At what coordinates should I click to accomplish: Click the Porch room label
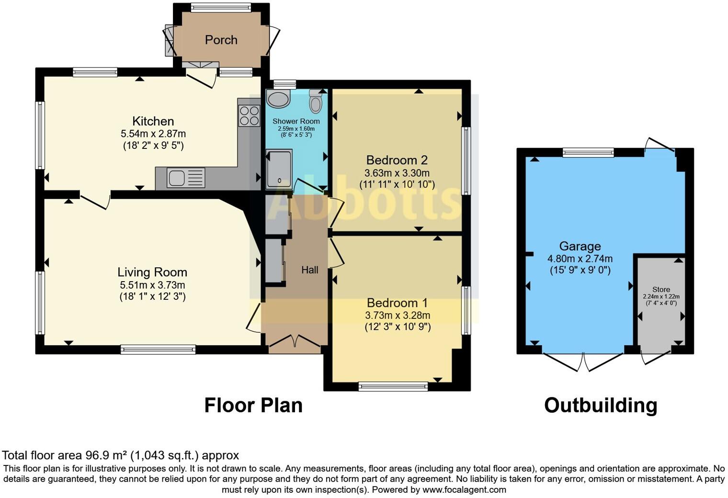pyautogui.click(x=221, y=40)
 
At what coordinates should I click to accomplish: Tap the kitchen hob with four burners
pyautogui.click(x=249, y=116)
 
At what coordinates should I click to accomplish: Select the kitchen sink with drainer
pyautogui.click(x=186, y=178)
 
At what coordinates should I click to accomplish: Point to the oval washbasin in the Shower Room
pyautogui.click(x=278, y=98)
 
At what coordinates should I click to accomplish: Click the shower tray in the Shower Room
pyautogui.click(x=279, y=169)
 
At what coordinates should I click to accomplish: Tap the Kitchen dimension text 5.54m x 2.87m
pyautogui.click(x=153, y=134)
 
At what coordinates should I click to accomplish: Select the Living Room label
pyautogui.click(x=152, y=272)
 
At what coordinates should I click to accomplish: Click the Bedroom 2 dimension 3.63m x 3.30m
pyautogui.click(x=397, y=173)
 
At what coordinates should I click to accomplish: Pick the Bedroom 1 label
pyautogui.click(x=397, y=303)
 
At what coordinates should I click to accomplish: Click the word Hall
pyautogui.click(x=310, y=270)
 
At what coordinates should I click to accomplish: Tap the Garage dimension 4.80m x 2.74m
pyautogui.click(x=580, y=259)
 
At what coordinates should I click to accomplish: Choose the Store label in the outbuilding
pyautogui.click(x=661, y=289)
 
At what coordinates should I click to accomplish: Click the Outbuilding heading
pyautogui.click(x=601, y=406)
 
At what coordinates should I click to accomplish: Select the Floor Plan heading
pyautogui.click(x=253, y=406)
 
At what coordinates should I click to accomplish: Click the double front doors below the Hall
pyautogui.click(x=295, y=344)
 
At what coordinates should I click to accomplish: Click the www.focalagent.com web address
pyautogui.click(x=464, y=490)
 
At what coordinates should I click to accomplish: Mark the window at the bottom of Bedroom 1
pyautogui.click(x=393, y=386)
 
